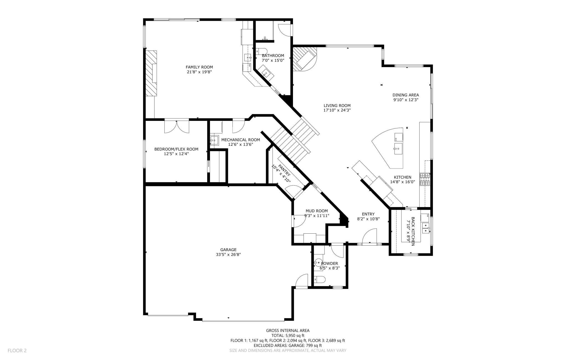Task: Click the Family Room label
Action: (199, 67)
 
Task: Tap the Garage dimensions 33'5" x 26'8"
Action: (228, 255)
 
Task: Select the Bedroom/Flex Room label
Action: (176, 149)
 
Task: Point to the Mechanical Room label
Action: (241, 140)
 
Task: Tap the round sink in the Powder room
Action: (319, 262)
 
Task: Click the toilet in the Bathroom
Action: (261, 51)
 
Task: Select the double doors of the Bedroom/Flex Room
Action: (177, 126)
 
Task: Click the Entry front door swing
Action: (370, 236)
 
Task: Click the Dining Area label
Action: (406, 95)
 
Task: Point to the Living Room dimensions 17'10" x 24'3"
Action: (337, 110)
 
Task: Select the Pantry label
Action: (284, 170)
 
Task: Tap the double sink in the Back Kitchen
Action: (425, 228)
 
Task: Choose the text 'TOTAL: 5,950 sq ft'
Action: (288, 335)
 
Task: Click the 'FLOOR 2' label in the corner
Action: (17, 351)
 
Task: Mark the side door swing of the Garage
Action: (302, 280)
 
